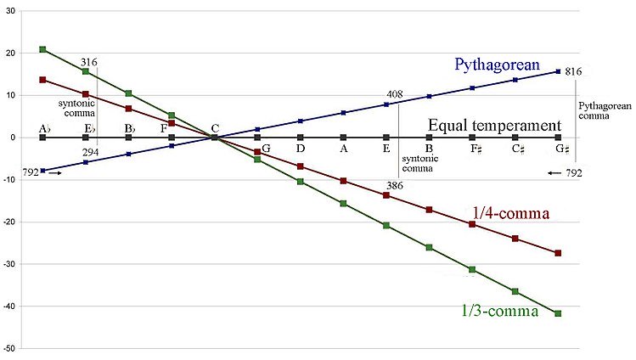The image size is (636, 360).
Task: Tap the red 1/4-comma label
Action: pos(509,213)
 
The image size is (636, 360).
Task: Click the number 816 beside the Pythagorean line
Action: pos(572,72)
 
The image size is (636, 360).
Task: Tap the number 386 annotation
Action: pos(392,184)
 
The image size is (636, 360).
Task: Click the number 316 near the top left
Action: pos(89,62)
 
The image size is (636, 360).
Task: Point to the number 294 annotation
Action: pos(89,152)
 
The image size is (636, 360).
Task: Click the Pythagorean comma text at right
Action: pos(604,113)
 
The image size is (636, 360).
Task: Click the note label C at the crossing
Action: pos(215,127)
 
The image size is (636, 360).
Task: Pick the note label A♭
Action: pos(43,128)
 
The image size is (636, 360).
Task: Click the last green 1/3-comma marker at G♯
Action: pos(558,313)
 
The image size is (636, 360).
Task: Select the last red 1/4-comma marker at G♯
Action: pos(558,253)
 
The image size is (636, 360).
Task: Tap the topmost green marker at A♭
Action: pos(42,50)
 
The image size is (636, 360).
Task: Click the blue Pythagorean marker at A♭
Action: pos(42,171)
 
